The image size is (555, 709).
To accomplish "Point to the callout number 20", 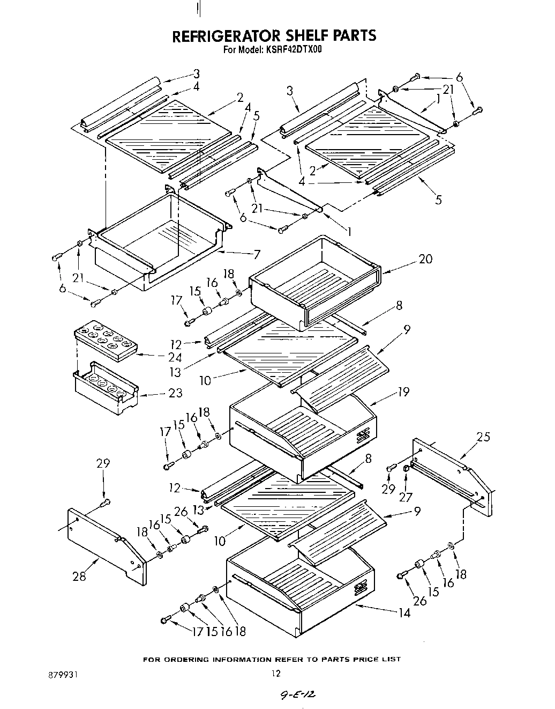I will coord(425,259).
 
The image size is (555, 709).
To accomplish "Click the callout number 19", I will coord(403,392).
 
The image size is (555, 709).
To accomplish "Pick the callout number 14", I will coord(404,612).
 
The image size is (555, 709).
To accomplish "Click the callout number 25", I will coord(483,437).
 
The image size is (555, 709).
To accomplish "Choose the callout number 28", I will coord(79,577).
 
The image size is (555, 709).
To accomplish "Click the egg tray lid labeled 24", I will coord(104,343).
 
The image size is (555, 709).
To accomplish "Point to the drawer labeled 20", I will coord(316,284).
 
